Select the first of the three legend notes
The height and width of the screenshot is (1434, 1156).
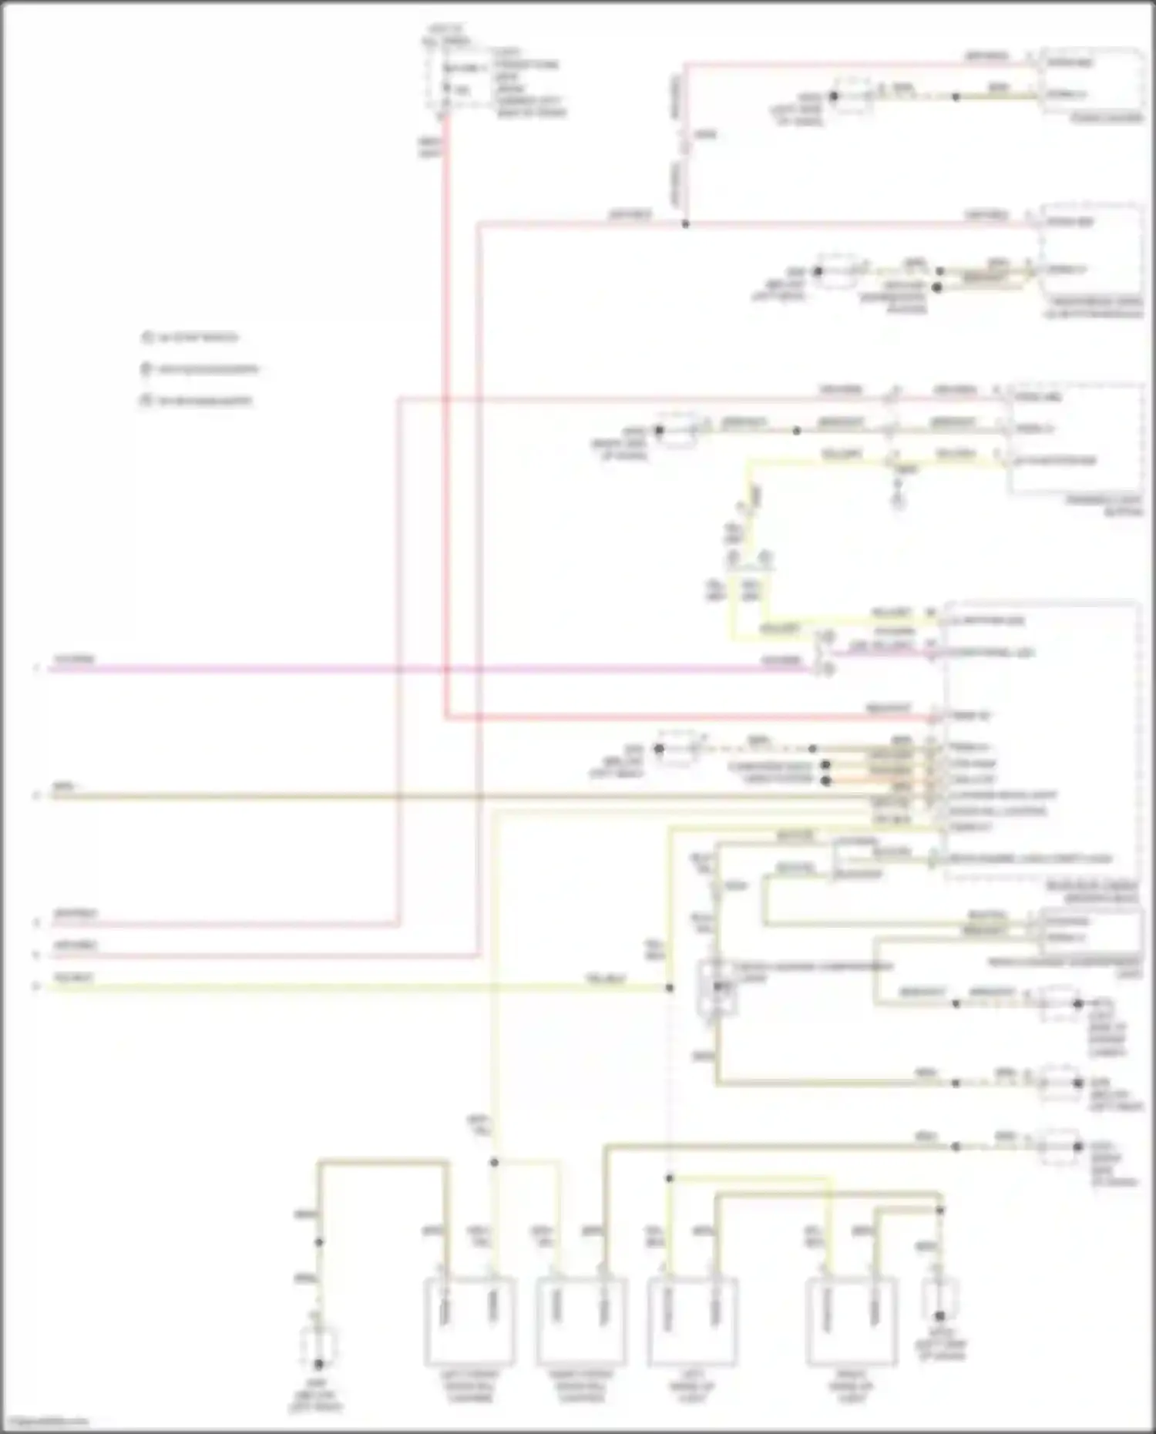[190, 338]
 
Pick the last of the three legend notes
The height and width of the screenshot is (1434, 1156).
[197, 401]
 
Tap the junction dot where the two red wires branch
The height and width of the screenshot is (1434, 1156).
[685, 224]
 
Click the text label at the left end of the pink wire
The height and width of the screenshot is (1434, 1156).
[74, 660]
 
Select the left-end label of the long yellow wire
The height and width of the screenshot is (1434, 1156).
[74, 978]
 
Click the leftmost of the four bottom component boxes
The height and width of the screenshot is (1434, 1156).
[470, 1321]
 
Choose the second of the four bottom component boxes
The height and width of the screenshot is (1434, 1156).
[581, 1321]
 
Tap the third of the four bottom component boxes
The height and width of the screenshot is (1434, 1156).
[692, 1321]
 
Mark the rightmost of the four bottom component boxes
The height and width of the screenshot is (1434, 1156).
[852, 1321]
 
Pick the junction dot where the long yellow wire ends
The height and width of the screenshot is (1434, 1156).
[669, 987]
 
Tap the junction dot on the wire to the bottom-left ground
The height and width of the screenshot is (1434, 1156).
[318, 1242]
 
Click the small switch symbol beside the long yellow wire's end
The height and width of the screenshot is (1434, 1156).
[717, 987]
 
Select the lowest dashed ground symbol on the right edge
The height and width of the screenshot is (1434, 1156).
[1060, 1147]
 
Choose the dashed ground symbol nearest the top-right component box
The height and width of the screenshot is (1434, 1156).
[852, 97]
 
